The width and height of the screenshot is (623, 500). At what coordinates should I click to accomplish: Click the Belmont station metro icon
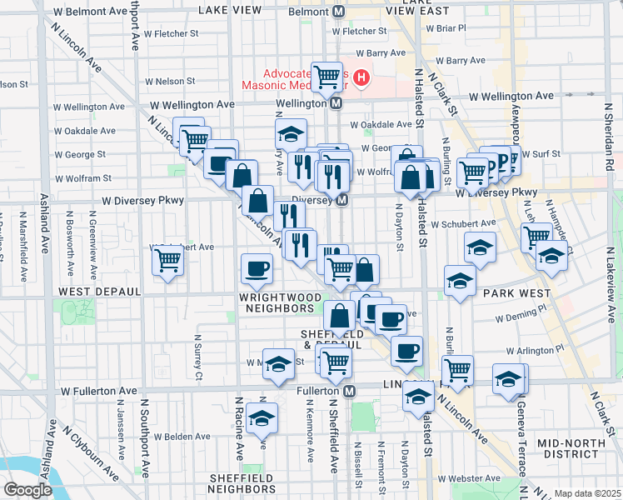[x=339, y=12]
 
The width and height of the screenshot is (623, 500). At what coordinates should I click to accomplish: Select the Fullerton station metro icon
[x=351, y=391]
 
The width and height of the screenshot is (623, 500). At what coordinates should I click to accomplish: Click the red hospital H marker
[x=361, y=79]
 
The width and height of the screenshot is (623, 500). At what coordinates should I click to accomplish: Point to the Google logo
[x=27, y=490]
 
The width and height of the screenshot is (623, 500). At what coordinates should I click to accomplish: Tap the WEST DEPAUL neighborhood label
[x=91, y=292]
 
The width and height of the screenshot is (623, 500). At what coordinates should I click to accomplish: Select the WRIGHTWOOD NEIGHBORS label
[x=264, y=302]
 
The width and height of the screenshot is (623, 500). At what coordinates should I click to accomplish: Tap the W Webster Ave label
[x=470, y=484]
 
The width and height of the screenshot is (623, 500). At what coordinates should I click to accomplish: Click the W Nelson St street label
[x=170, y=82]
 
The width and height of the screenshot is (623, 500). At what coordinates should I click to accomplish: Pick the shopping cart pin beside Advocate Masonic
[x=327, y=77]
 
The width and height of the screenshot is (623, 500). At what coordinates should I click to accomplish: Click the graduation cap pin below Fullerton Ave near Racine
[x=262, y=420]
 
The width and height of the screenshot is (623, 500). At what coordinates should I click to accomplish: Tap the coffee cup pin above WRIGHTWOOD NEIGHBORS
[x=256, y=268]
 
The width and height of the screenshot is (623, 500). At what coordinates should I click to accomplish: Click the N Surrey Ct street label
[x=198, y=357]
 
